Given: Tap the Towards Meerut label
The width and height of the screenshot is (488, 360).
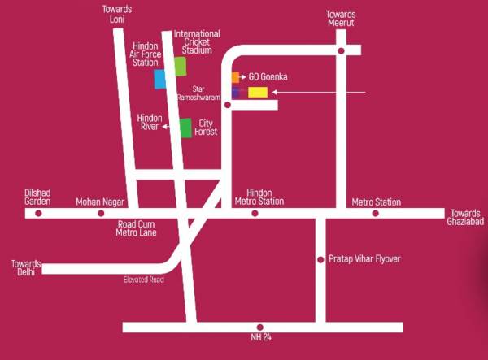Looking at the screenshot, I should coord(341,19).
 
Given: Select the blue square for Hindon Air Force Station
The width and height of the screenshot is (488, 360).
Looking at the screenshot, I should coord(160,79).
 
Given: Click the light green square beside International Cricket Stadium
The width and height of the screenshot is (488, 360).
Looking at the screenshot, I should coord(180,67).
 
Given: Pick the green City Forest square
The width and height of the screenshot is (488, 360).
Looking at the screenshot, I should coord(185,128).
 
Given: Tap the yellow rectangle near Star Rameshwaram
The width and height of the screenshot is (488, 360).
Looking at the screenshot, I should coord(258,92).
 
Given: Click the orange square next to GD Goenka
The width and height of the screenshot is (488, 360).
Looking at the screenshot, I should coord(235,77).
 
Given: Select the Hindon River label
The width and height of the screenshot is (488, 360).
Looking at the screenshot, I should coord(149,122).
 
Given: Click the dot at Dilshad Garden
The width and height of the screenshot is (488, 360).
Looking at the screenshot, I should coord(38,213).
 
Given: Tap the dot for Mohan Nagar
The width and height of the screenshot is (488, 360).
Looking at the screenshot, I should coord(101,213).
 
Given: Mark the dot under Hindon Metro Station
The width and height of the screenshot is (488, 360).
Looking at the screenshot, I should coord(255,213).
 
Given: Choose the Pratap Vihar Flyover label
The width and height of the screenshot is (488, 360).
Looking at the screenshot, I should coord(364,258).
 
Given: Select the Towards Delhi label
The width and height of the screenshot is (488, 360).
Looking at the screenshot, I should coord(26,267).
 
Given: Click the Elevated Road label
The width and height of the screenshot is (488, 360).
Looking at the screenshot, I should coord(144,280).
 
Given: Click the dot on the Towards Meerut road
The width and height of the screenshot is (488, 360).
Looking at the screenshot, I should coord(341,50).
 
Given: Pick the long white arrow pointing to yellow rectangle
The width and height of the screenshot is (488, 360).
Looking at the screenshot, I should coord(321,92).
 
